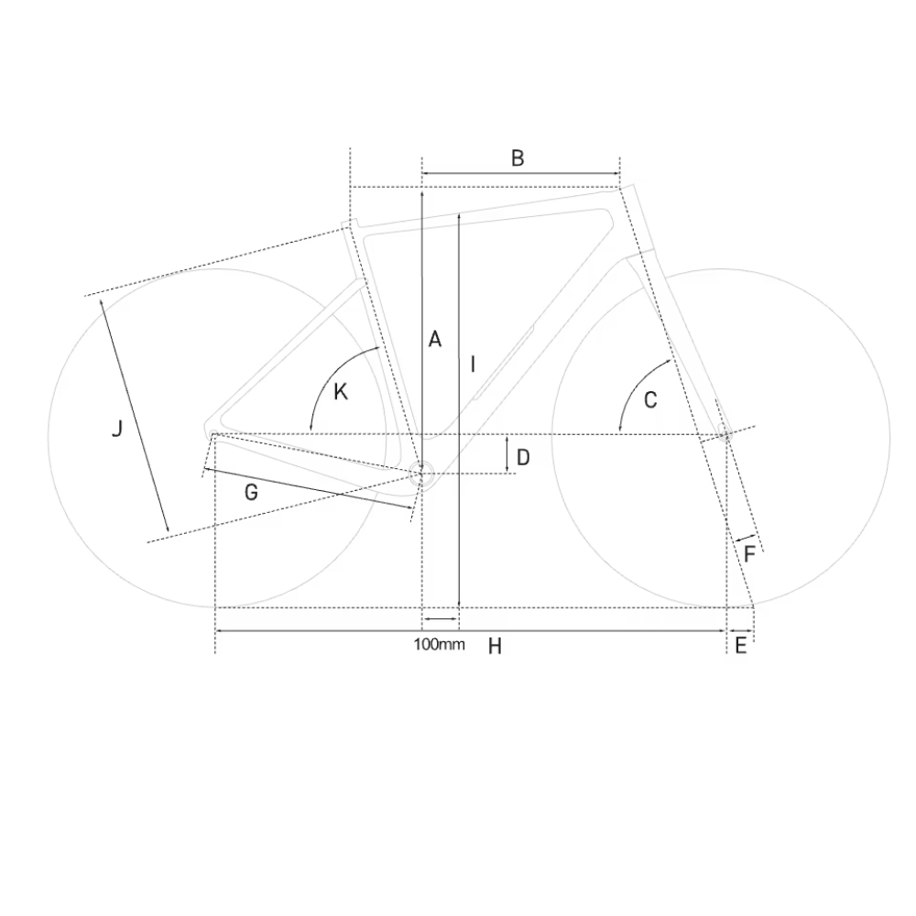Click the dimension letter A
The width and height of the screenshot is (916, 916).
click(x=435, y=339)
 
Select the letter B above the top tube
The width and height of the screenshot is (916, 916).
click(x=518, y=158)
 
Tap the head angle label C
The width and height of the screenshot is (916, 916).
click(x=651, y=399)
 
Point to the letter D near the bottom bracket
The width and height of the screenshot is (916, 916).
click(x=523, y=457)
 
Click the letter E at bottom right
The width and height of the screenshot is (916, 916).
click(x=740, y=646)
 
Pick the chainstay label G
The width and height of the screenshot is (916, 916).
click(x=251, y=492)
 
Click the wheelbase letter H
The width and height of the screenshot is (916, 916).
click(x=495, y=647)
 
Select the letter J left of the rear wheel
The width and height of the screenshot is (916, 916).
click(x=116, y=428)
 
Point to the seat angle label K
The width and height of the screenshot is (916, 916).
click(x=341, y=392)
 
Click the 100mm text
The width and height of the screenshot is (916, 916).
click(x=439, y=644)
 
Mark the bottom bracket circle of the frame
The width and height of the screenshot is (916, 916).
click(x=421, y=474)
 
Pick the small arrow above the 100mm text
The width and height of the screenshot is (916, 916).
click(x=440, y=620)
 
